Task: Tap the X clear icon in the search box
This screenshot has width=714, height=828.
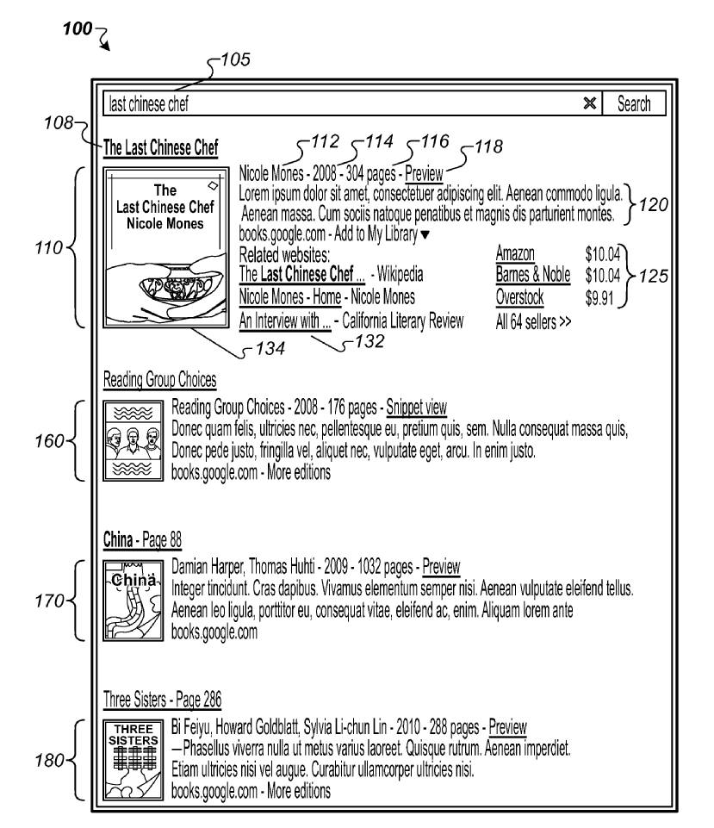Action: [590, 103]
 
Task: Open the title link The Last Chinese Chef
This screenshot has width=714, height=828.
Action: [159, 147]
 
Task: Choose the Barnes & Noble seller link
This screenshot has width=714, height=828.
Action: [533, 275]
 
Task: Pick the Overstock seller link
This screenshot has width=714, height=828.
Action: [519, 297]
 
